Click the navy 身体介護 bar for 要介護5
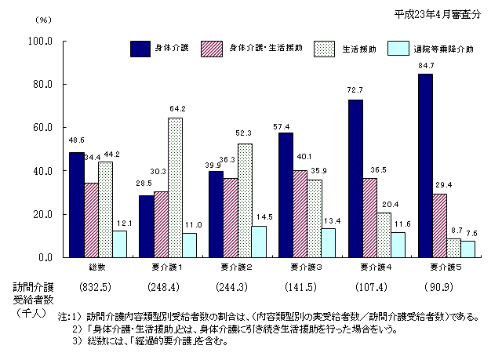pos(424,165)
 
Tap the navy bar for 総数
pos(76,205)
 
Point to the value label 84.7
pos(425,66)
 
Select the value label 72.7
pos(355,92)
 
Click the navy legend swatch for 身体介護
pos(143,49)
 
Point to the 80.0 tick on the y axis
pos(41,84)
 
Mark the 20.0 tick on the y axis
pos(41,214)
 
